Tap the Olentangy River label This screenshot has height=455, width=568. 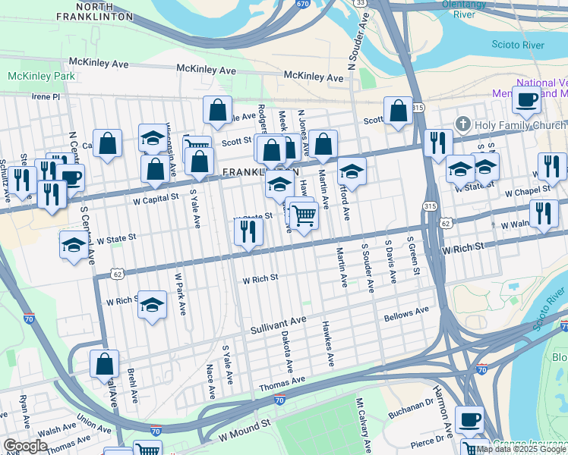pos(463,9)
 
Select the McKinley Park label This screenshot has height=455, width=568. pos(41,77)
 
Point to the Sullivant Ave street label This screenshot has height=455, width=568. pos(278,325)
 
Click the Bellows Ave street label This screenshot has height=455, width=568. pos(406,313)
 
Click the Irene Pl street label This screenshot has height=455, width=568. pos(45,97)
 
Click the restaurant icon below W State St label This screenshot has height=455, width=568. pos(248,231)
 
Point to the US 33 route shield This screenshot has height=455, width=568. pos(361,4)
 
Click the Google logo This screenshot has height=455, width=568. pos(25,446)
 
